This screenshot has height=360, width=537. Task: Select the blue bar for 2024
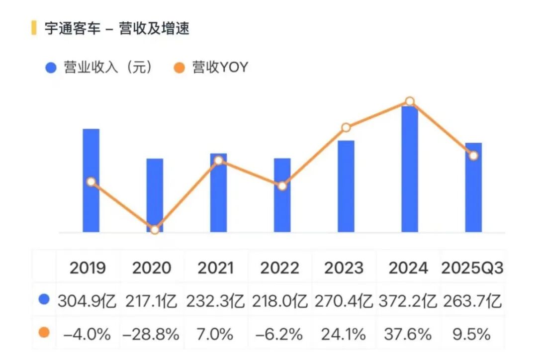click(x=410, y=169)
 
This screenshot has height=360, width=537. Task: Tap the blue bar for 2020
click(x=155, y=194)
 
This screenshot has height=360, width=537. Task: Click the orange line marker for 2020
click(x=155, y=230)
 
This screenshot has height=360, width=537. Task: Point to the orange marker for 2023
click(x=346, y=128)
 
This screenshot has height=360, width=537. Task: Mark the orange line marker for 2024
click(x=410, y=101)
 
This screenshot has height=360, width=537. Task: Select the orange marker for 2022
click(x=282, y=186)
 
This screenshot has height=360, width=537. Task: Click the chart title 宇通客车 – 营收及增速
click(x=117, y=28)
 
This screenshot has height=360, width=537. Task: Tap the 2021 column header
click(x=216, y=268)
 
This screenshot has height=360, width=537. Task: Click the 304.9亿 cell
click(x=88, y=301)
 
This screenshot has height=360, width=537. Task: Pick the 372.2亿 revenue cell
click(x=408, y=301)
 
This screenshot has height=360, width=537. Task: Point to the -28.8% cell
click(x=151, y=334)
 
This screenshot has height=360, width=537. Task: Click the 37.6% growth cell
click(x=408, y=334)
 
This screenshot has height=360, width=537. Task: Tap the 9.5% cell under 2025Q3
click(x=472, y=334)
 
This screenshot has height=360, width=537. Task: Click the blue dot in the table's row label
click(x=44, y=300)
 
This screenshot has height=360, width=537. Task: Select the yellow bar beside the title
click(x=34, y=28)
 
